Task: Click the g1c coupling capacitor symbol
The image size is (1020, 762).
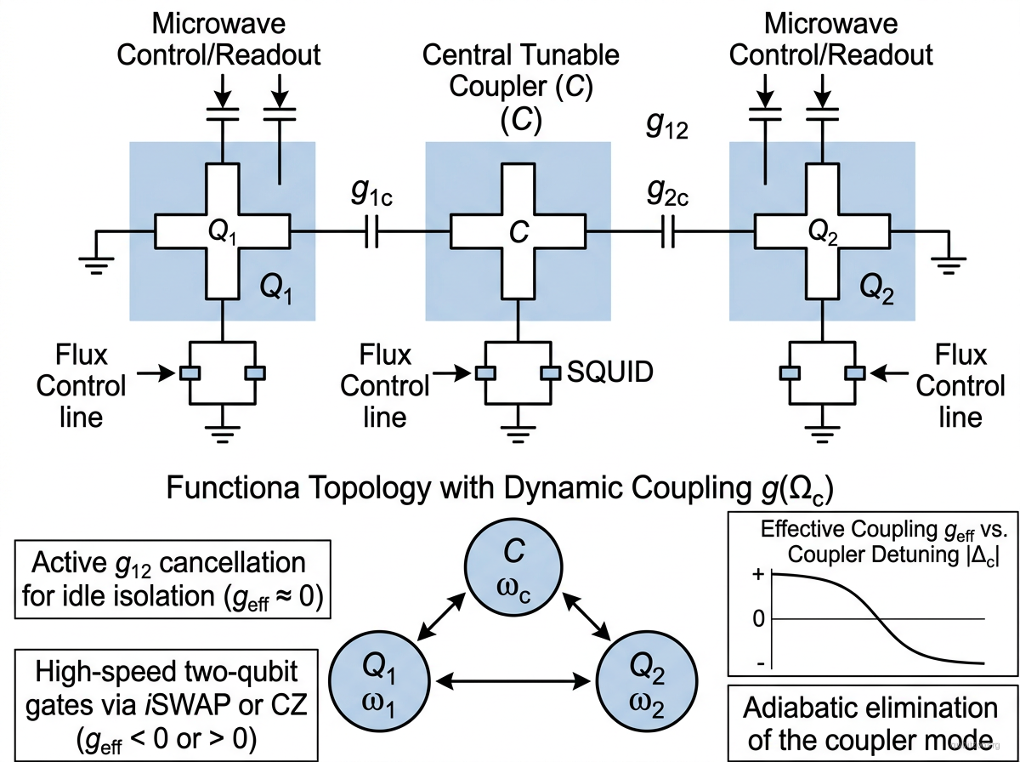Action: (x=370, y=230)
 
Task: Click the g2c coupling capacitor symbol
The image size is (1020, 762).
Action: (x=668, y=230)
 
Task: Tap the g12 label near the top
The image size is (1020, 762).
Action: (x=666, y=128)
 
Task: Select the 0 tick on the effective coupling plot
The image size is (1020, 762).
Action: (x=758, y=618)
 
